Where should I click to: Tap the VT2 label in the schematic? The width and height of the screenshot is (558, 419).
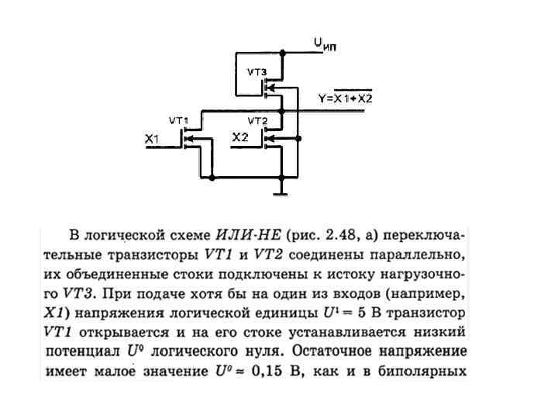pos(257,121)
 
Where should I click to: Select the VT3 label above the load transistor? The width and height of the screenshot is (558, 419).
pos(257,72)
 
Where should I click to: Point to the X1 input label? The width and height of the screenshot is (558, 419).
pos(152,139)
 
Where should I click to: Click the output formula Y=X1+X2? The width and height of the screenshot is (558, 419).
pos(346,98)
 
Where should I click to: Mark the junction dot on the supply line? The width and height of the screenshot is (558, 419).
pos(283,53)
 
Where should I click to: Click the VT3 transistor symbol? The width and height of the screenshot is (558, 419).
pos(268,88)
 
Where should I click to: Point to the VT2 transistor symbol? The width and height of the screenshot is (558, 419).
pos(268,140)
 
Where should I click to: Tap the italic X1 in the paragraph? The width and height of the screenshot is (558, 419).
pos(53,313)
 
